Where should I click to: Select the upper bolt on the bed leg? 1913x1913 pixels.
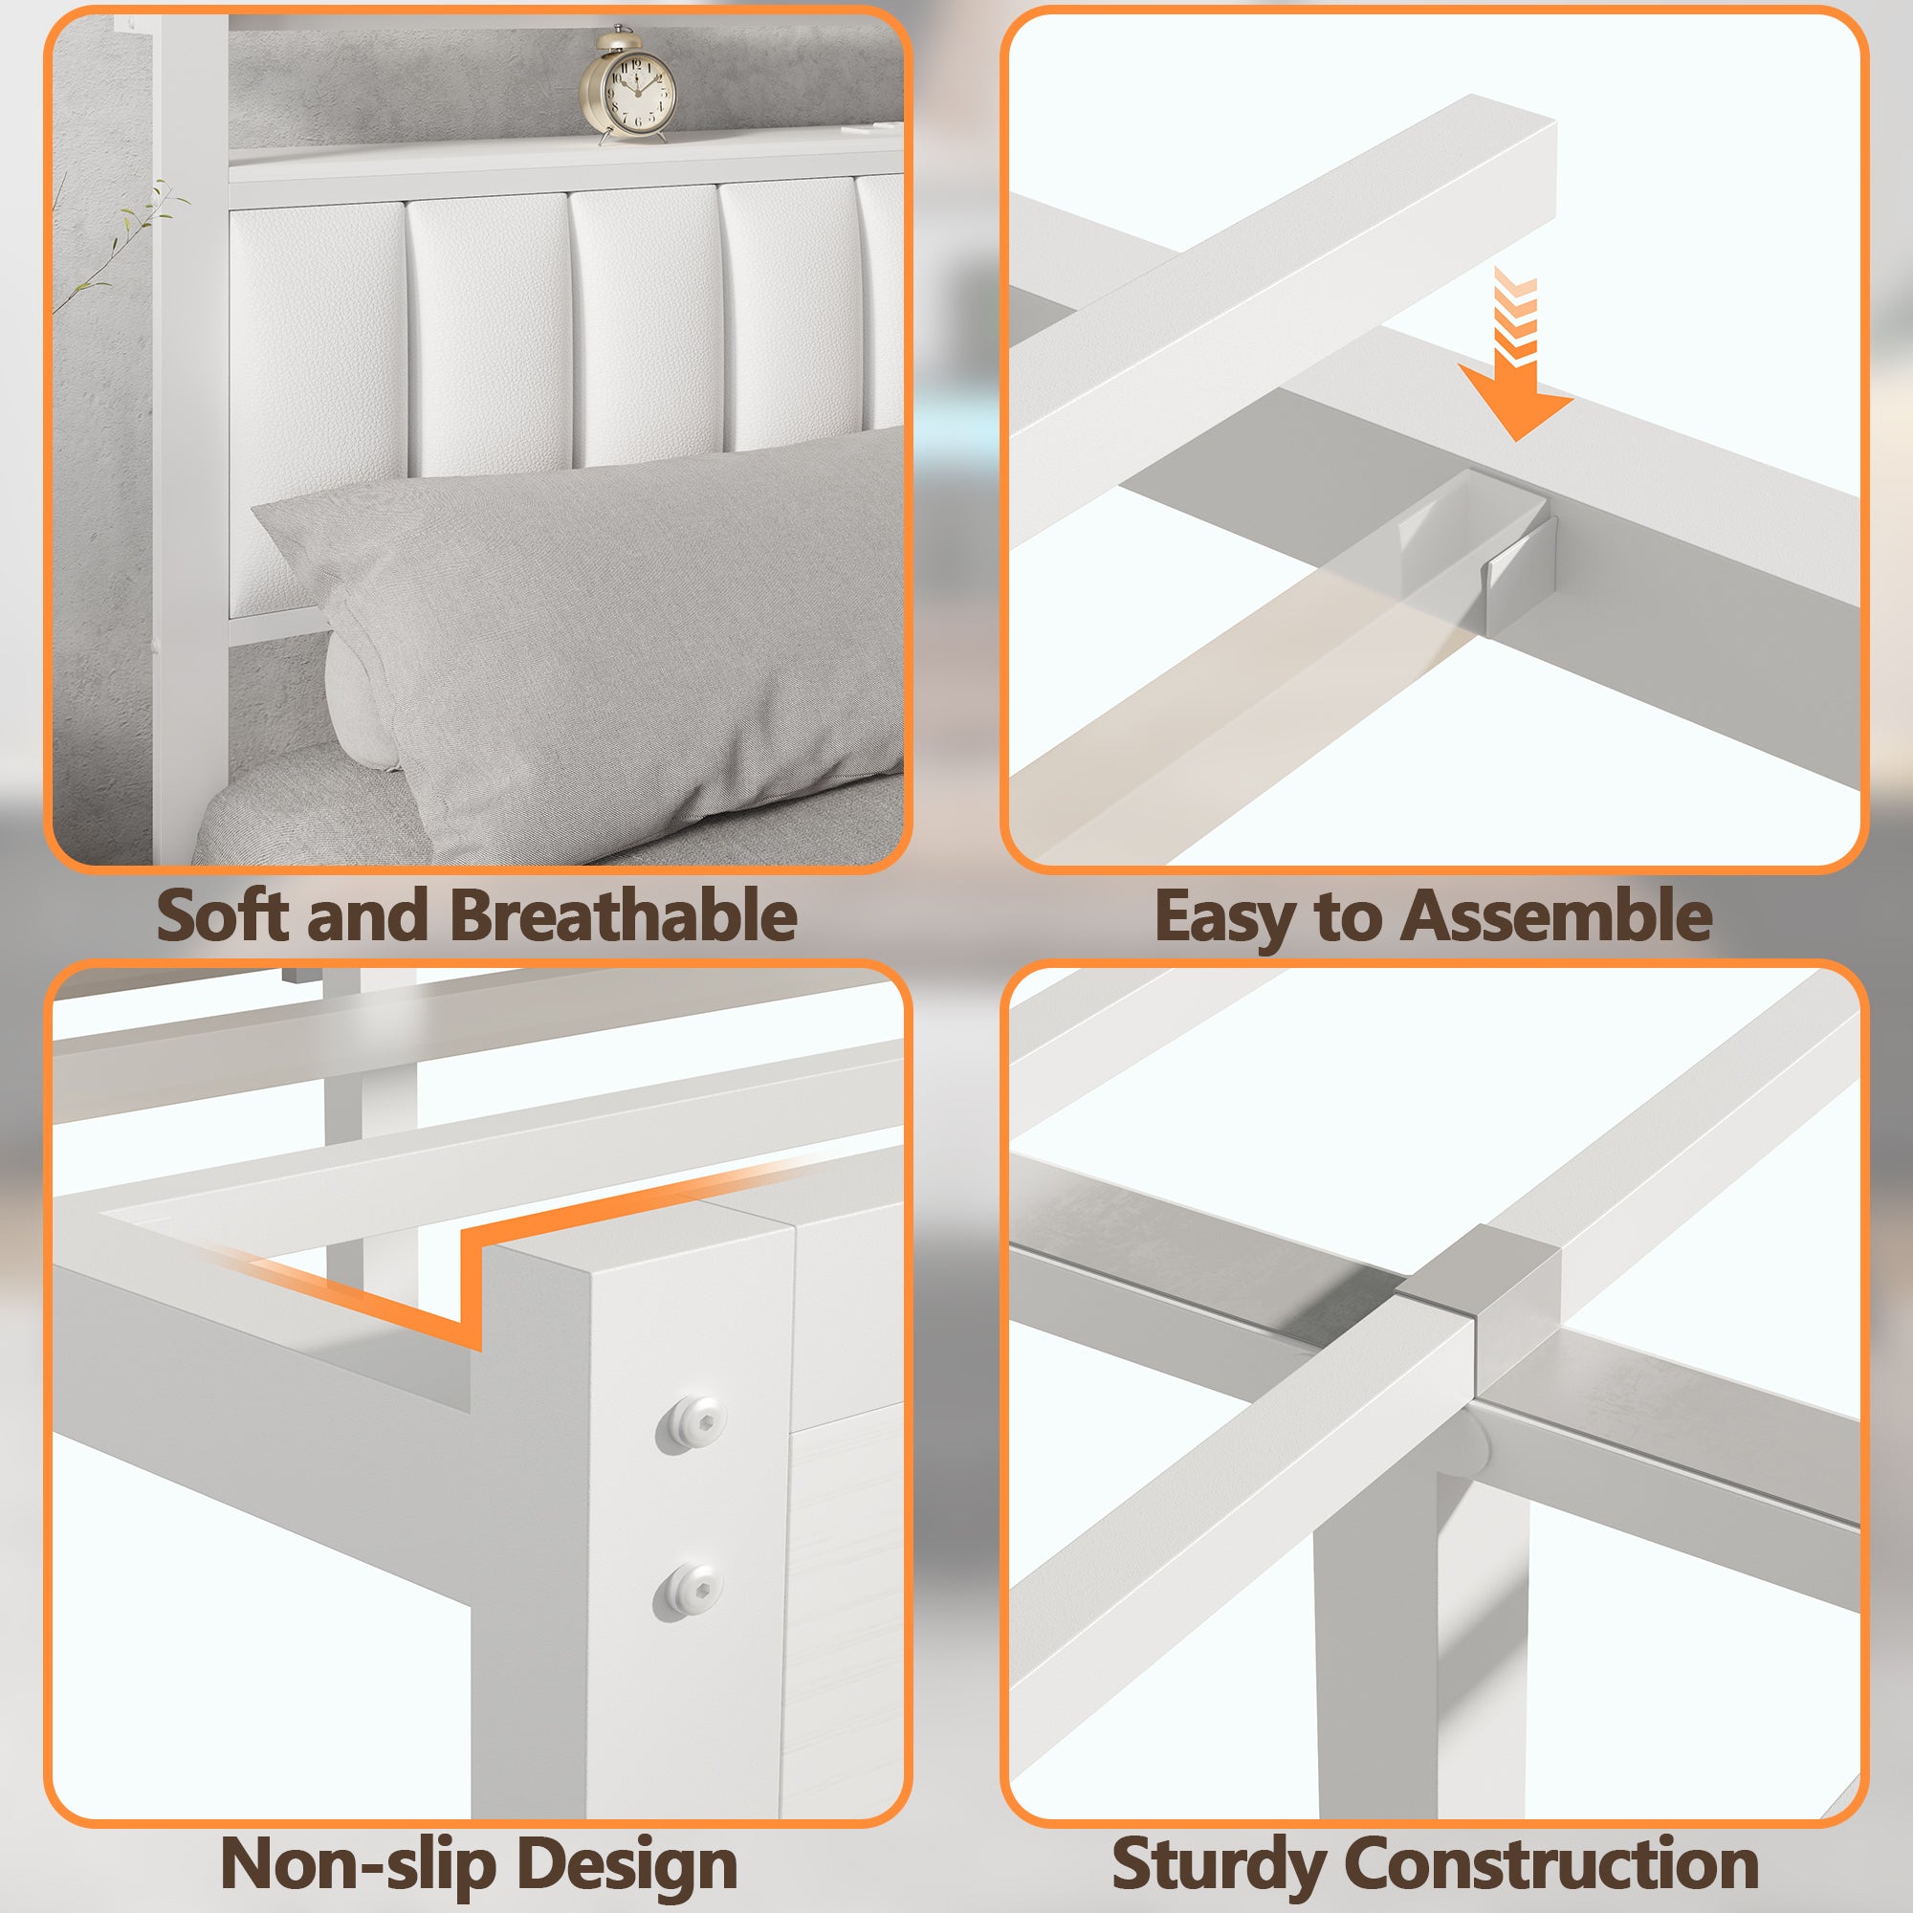pyautogui.click(x=691, y=1424)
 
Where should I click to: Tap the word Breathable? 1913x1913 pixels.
pyautogui.click(x=624, y=915)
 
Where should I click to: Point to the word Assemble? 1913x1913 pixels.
pyautogui.click(x=1558, y=915)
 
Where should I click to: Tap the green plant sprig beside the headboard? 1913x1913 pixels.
pyautogui.click(x=119, y=237)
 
